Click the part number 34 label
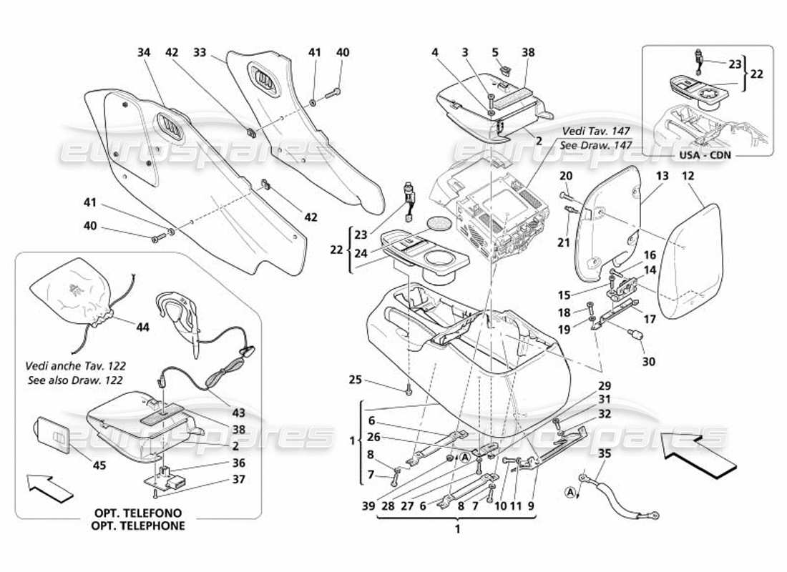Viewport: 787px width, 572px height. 145,52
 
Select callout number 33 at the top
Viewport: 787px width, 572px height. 200,52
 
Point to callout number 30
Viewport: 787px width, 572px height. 648,361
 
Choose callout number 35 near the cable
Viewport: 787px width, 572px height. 604,453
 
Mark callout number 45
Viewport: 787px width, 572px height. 99,465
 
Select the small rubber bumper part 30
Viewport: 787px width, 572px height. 633,336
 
